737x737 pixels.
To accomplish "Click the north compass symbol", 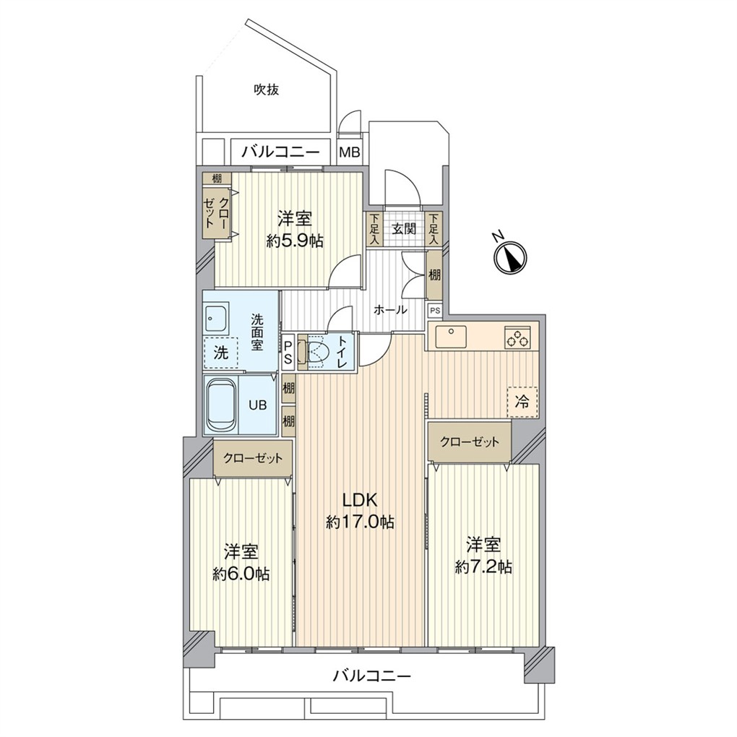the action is coord(510,257).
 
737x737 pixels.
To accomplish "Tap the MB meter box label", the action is coord(350,152).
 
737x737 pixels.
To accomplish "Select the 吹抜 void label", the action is coord(267,90).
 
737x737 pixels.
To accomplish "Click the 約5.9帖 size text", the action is coord(295,241).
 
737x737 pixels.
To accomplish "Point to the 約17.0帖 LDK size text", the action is coord(361,522).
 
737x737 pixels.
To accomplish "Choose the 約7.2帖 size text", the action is coord(483,567).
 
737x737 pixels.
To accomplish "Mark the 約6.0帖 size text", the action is coord(241,574).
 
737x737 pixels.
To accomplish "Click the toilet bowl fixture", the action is coord(315,350).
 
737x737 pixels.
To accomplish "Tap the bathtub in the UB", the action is coord(221,404).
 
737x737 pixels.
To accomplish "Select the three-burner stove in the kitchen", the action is coord(518,337).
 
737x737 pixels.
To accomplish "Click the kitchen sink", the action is coord(451,337).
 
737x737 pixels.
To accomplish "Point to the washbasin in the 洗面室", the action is coord(216,318).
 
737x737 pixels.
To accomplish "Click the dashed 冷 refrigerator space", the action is coord(522,402).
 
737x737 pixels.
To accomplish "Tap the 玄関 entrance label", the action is coord(404,229).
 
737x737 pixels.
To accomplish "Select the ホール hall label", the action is coord(390,310).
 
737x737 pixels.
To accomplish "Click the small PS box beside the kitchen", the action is coord(435,311).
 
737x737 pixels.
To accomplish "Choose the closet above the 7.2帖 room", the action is coord(470,441).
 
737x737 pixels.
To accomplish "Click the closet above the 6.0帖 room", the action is coord(253,458).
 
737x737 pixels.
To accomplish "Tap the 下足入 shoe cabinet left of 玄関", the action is coord(374,229).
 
